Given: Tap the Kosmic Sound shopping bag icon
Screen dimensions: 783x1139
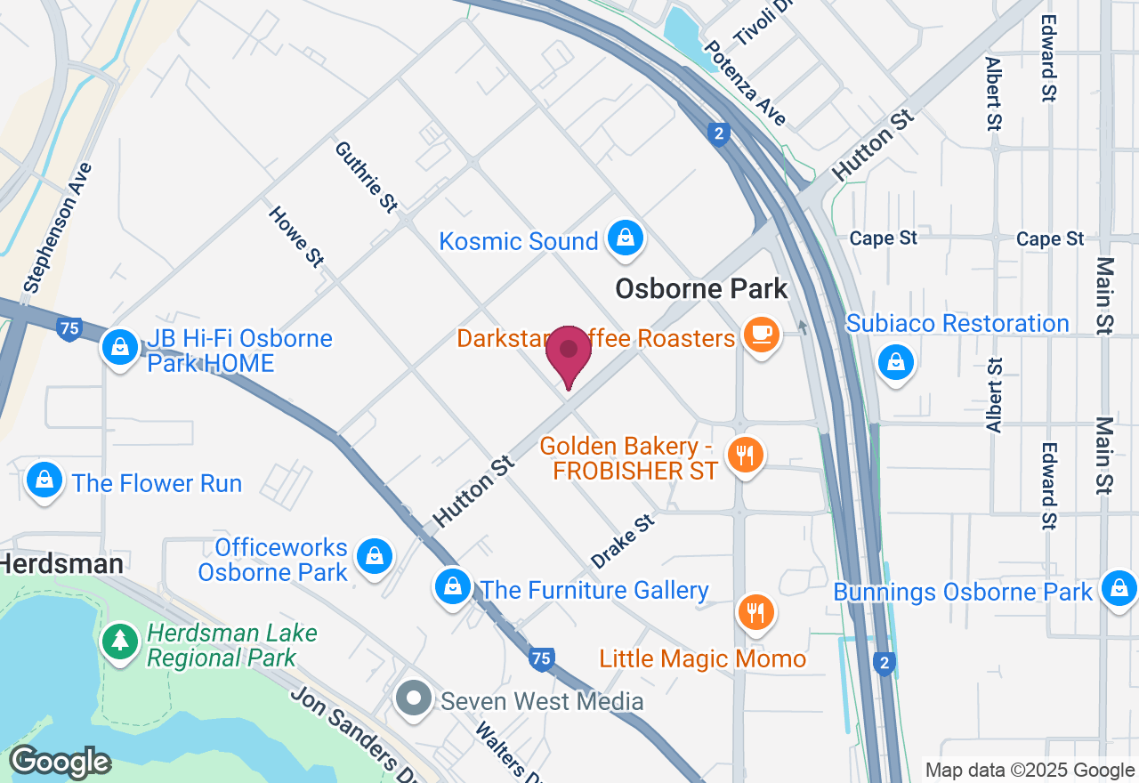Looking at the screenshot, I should [626, 238].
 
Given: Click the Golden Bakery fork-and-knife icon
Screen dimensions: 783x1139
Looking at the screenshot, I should [745, 455].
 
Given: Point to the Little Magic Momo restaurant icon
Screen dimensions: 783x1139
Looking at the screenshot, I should [755, 611].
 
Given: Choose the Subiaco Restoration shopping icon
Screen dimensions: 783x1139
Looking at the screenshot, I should [896, 362].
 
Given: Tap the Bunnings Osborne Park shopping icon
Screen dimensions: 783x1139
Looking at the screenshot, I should [1119, 588].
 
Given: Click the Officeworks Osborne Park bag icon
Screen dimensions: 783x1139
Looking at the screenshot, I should [375, 556].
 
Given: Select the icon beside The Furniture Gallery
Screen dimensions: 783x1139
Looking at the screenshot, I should [453, 586].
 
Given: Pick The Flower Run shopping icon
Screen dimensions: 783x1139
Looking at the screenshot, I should [44, 480].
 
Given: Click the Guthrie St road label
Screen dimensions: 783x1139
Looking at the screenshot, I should [366, 177].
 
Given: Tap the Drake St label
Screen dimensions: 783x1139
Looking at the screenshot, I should [623, 542].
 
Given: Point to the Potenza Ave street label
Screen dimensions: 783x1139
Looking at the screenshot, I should [745, 84].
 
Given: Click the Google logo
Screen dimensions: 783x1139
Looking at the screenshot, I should [60, 763].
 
